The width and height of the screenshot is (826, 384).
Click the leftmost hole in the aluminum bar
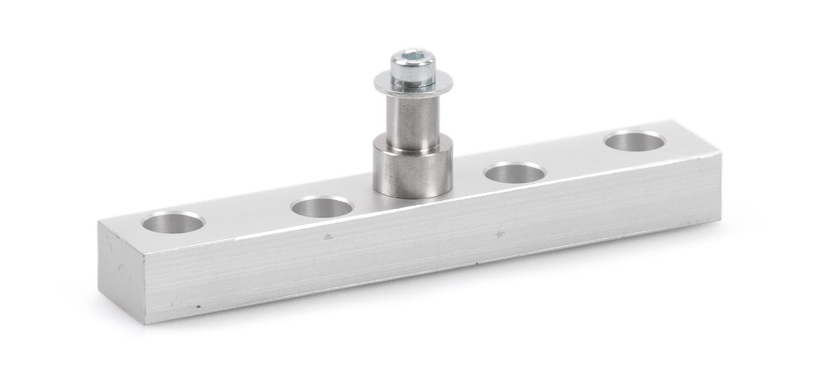[173, 222]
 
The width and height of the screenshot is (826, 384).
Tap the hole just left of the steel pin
[322, 207]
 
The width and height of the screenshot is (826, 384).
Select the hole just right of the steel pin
[515, 172]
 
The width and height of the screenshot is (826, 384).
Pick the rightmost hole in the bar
[634, 141]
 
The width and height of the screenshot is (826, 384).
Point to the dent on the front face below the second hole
[326, 237]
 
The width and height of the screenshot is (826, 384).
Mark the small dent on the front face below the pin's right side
[500, 234]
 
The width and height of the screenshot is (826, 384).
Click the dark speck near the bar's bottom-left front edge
[198, 307]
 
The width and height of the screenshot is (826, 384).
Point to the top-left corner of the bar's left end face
[99, 223]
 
